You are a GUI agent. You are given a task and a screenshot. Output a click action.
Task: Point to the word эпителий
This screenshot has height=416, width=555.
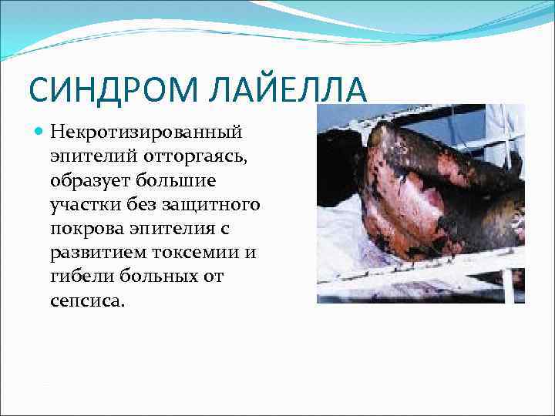click(x=92, y=158)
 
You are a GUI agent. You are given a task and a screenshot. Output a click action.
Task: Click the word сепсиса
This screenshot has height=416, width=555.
click(x=87, y=301)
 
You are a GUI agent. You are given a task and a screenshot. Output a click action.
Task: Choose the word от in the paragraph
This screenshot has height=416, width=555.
click(x=213, y=277)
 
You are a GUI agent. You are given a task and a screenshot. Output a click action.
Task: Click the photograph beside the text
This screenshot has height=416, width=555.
click(x=421, y=203)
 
